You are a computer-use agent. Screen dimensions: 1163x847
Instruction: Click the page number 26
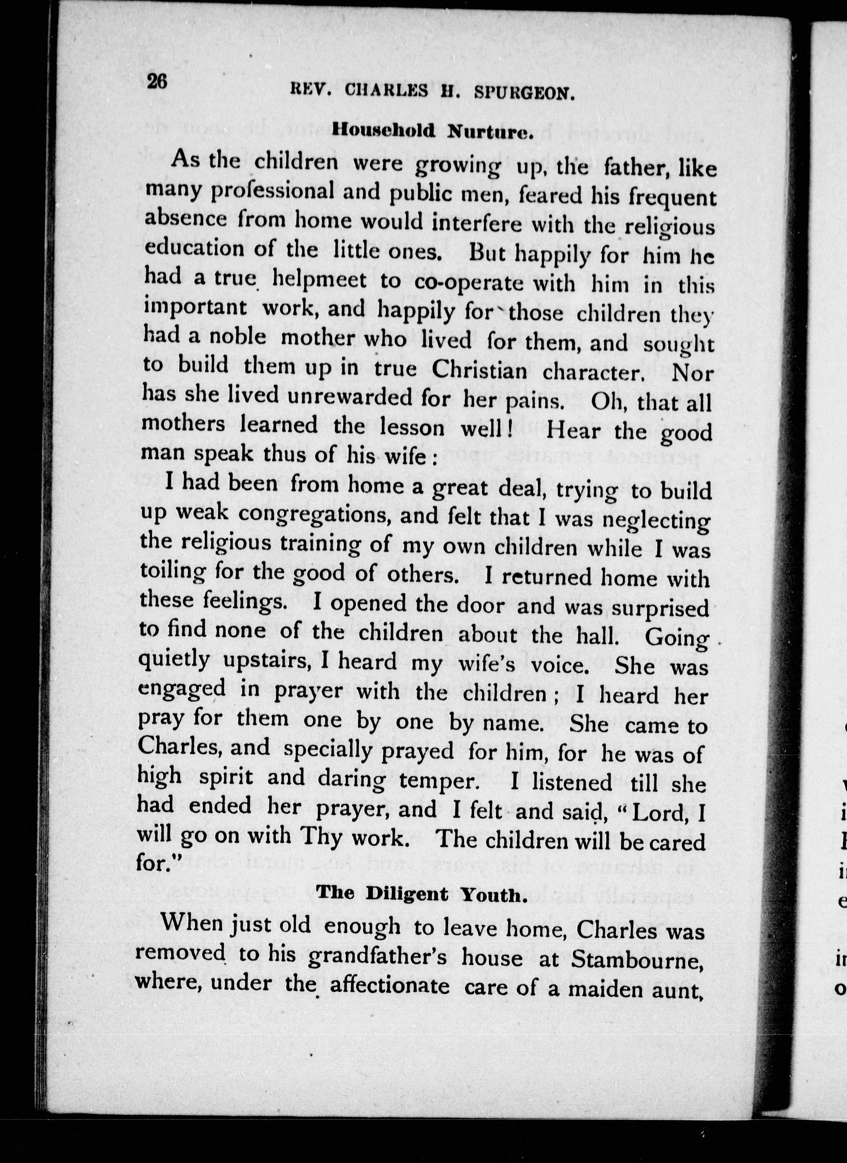157,81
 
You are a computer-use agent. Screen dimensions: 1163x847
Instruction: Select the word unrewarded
350,397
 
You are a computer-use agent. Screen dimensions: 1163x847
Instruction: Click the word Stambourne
636,959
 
